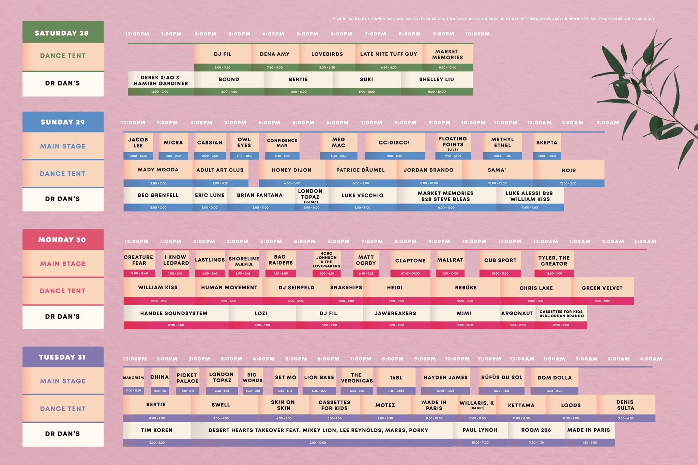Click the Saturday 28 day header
pyautogui.click(x=63, y=33)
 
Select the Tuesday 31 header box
pyautogui.click(x=63, y=357)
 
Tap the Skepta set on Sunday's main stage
pyautogui.click(x=547, y=143)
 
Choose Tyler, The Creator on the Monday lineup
pyautogui.click(x=554, y=261)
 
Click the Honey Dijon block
pyautogui.click(x=292, y=170)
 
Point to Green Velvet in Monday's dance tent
pyautogui.click(x=602, y=288)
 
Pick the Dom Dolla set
pyautogui.click(x=555, y=377)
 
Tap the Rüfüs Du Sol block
pyautogui.click(x=502, y=377)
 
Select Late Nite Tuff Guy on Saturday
pyautogui.click(x=389, y=54)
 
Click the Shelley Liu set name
pyautogui.click(x=437, y=79)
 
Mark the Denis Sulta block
pyautogui.click(x=625, y=405)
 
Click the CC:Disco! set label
pyautogui.click(x=394, y=143)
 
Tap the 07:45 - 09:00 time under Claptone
pyautogui.click(x=410, y=274)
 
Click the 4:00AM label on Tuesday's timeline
pyautogui.click(x=651, y=359)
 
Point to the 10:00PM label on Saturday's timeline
pyautogui.click(x=477, y=34)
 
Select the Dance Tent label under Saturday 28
pyautogui.click(x=63, y=56)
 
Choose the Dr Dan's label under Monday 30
pyautogui.click(x=63, y=316)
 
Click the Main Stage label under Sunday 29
pyautogui.click(x=63, y=146)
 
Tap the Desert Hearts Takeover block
pyautogui.click(x=318, y=430)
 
